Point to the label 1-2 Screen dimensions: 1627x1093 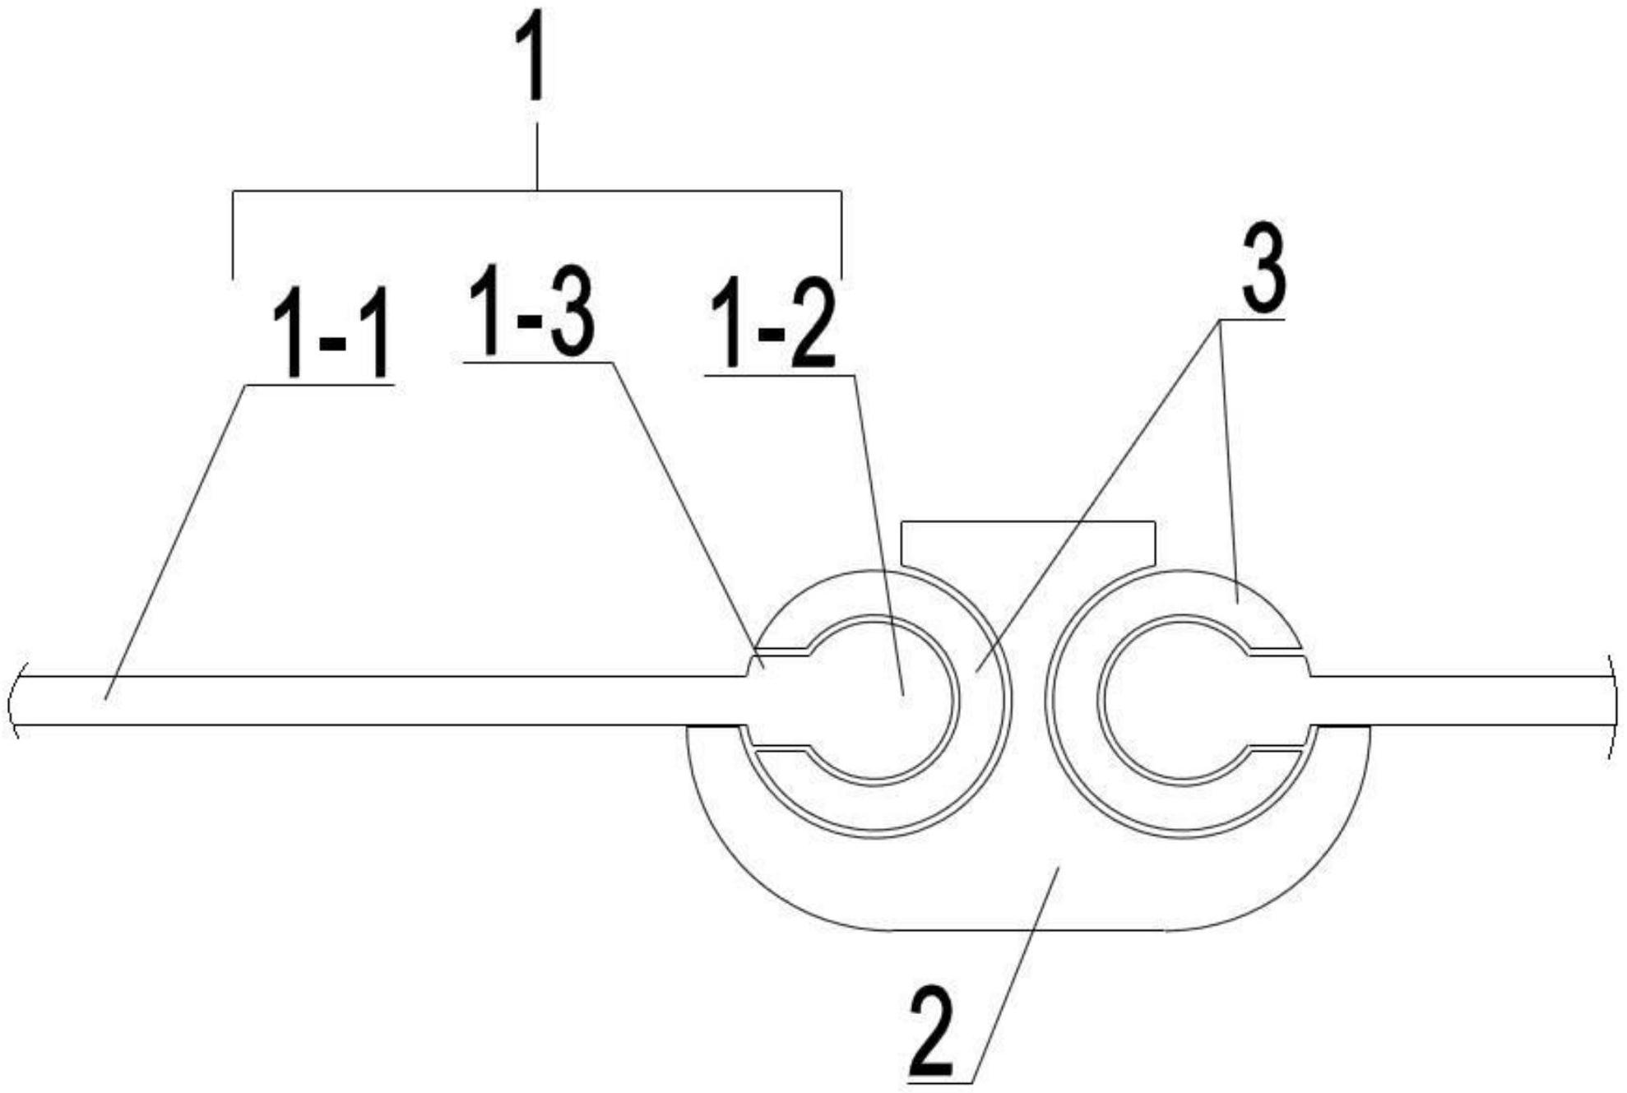[x=772, y=326]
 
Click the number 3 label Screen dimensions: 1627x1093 [x=1263, y=266]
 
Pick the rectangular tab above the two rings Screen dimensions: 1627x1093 [x=1028, y=543]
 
